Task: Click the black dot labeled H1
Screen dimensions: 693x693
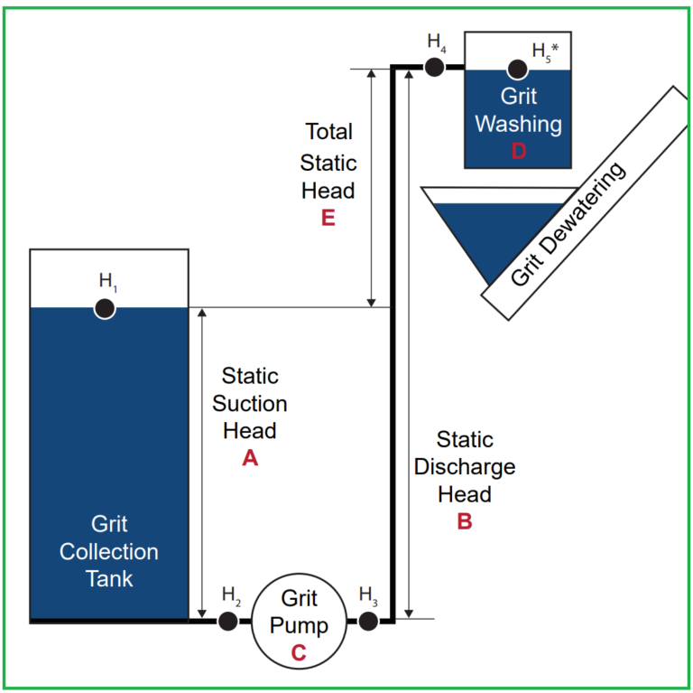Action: coord(105,308)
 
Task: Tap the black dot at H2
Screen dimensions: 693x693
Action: coord(227,621)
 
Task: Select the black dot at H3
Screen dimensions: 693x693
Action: coord(368,621)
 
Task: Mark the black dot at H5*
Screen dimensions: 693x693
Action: coord(518,69)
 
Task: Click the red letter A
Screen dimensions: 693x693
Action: coord(250,459)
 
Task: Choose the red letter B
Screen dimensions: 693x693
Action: coord(465,521)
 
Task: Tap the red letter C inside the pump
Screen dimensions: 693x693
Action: coord(298,652)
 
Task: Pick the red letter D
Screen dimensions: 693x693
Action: coord(518,151)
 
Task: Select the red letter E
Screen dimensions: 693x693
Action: coord(328,218)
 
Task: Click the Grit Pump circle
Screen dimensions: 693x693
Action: coord(298,622)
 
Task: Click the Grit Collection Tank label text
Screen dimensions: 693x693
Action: coord(109,551)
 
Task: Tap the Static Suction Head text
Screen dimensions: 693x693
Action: coord(250,403)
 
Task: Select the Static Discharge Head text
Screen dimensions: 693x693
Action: coord(465,467)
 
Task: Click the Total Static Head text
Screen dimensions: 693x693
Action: coord(328,162)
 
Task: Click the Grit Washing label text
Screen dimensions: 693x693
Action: coord(518,110)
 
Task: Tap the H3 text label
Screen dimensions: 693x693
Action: coord(368,595)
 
